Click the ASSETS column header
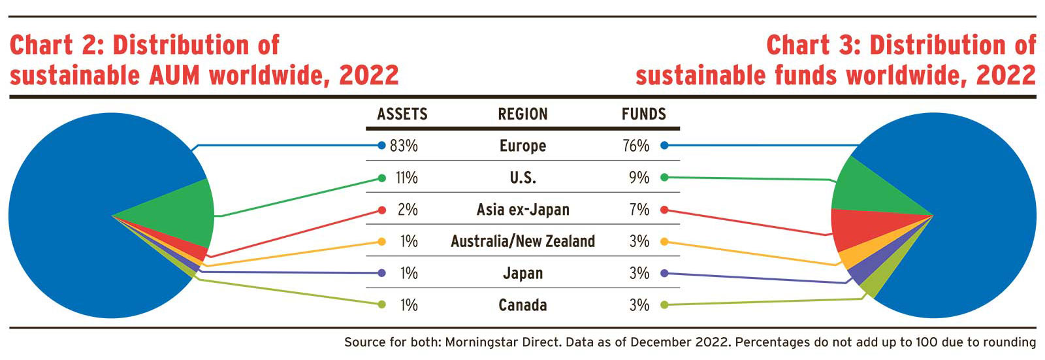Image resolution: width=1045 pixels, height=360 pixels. click(x=402, y=114)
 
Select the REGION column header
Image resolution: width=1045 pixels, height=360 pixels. click(x=522, y=114)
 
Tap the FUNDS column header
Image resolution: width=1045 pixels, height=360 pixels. click(x=643, y=114)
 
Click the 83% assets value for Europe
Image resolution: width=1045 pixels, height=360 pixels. click(x=404, y=146)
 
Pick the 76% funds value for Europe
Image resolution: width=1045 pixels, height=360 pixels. click(x=635, y=146)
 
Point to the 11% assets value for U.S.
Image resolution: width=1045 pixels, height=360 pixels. click(x=406, y=178)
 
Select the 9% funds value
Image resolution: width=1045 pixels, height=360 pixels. click(x=639, y=178)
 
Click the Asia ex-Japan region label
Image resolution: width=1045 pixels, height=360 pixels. click(x=522, y=210)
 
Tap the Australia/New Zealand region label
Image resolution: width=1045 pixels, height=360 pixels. click(x=522, y=242)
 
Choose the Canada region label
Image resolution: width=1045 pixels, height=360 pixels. click(x=522, y=305)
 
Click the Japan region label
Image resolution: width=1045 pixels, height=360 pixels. click(x=522, y=273)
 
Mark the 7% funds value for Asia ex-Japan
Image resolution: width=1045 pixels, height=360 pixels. click(x=639, y=210)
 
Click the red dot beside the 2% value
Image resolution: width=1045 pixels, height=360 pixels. click(x=382, y=210)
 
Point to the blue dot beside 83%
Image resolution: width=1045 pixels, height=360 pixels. click(x=382, y=146)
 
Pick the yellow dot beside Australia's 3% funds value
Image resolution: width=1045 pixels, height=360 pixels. click(x=664, y=242)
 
